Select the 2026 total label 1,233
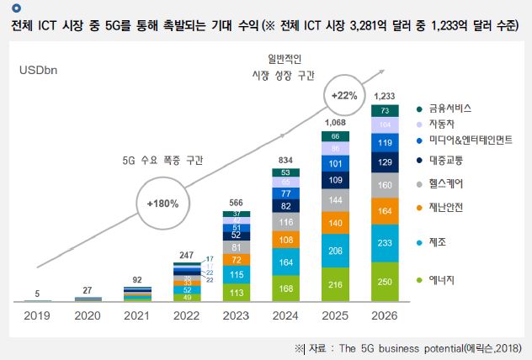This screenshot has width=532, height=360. pos(384,96)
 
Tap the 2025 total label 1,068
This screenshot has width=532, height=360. pos(335,122)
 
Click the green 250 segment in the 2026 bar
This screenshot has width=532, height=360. pos(384,281)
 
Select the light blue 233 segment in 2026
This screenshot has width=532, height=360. pos(384,242)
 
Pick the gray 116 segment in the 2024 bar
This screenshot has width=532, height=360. pos(286,221)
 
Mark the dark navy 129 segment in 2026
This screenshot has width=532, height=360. pos(384,161)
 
